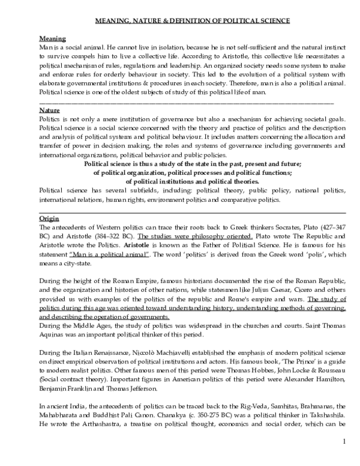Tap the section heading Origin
[49, 219]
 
